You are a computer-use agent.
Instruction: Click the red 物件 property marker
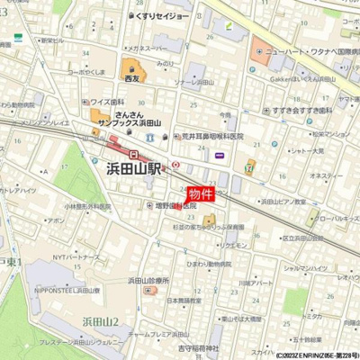point(200,193)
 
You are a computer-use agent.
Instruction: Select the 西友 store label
point(133,79)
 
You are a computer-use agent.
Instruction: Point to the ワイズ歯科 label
point(105,103)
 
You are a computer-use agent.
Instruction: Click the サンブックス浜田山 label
point(130,121)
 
